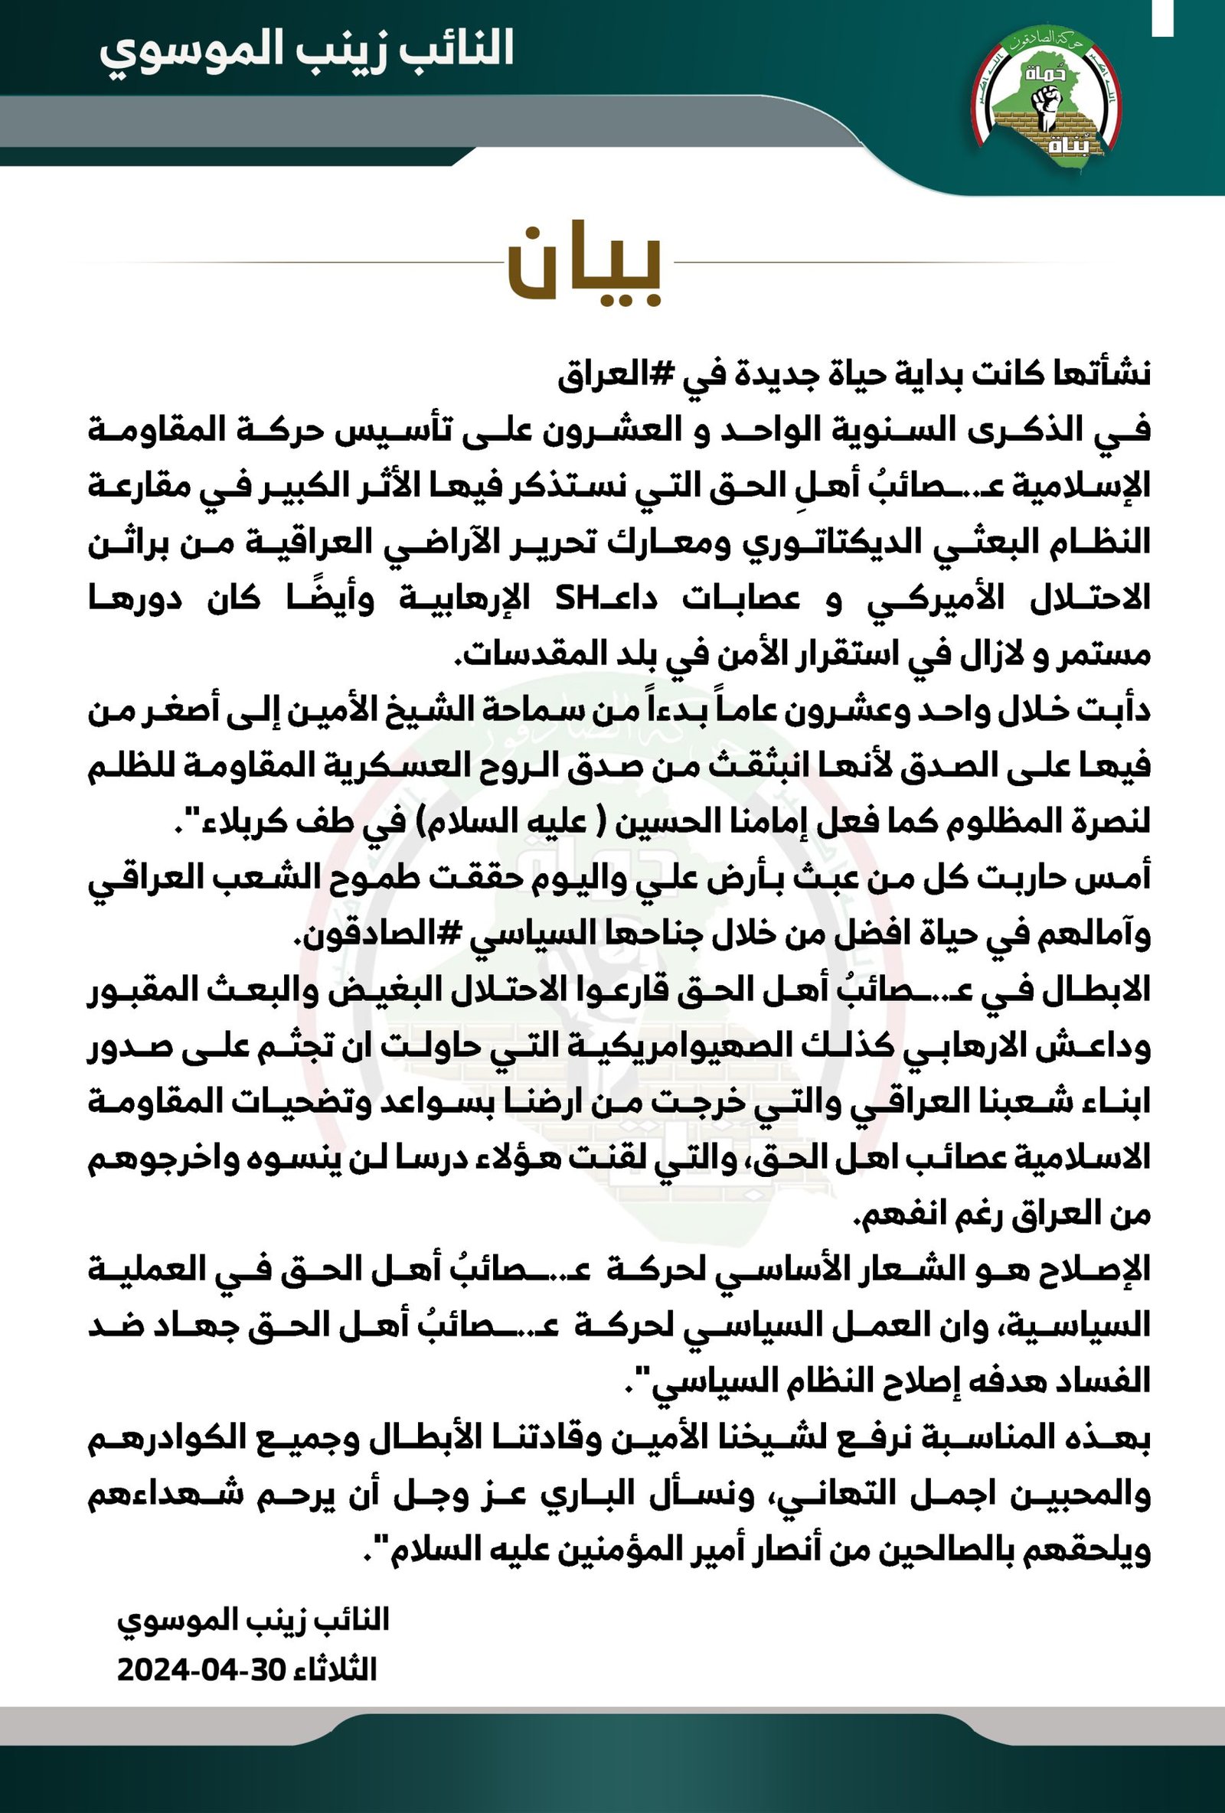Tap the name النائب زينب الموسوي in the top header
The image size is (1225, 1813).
(x=307, y=49)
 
